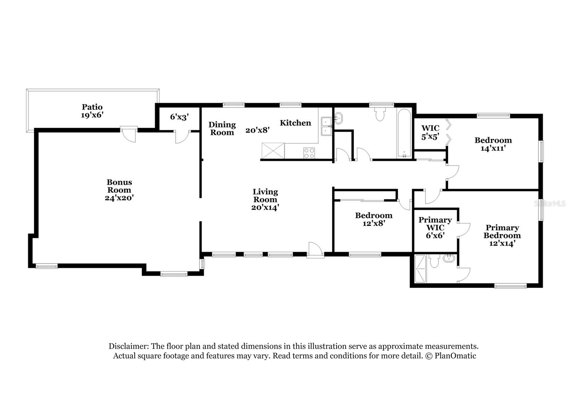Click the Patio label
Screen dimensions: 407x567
pyautogui.click(x=92, y=107)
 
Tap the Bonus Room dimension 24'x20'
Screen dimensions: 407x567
pyautogui.click(x=119, y=198)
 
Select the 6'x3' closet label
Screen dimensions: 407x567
pyautogui.click(x=179, y=117)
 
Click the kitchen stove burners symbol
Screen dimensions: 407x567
pyautogui.click(x=309, y=153)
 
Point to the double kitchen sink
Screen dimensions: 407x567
pyautogui.click(x=325, y=126)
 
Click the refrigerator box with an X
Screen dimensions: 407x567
pyautogui.click(x=273, y=151)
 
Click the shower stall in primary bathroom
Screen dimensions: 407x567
pyautogui.click(x=421, y=269)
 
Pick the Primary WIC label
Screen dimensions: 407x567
pyautogui.click(x=435, y=224)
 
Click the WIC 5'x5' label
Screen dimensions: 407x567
pyautogui.click(x=430, y=132)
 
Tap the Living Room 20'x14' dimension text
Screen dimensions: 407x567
pyautogui.click(x=265, y=207)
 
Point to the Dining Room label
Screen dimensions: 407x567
pyautogui.click(x=222, y=128)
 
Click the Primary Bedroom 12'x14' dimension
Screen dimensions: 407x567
pyautogui.click(x=502, y=243)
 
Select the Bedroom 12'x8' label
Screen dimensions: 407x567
pyautogui.click(x=374, y=216)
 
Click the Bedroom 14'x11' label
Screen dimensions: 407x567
pyautogui.click(x=493, y=141)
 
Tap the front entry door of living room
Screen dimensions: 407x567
pyautogui.click(x=315, y=250)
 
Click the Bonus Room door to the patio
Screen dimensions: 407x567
pyautogui.click(x=128, y=134)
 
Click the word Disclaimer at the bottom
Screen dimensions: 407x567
pyautogui.click(x=129, y=346)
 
